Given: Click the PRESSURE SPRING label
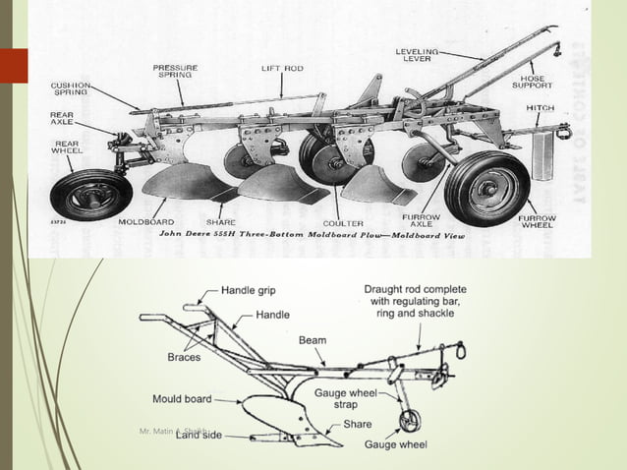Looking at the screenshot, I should (x=175, y=72).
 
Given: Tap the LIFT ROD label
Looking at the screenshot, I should (x=282, y=69).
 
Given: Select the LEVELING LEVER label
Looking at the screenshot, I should (x=417, y=55).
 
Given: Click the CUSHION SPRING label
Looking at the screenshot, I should (x=72, y=89).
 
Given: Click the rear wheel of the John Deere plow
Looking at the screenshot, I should (x=90, y=194).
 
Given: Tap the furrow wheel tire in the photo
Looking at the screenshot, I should (x=486, y=187).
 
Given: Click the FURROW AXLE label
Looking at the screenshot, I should (x=421, y=221).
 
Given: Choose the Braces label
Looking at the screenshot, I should (x=184, y=357).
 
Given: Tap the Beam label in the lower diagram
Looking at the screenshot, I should (x=313, y=340).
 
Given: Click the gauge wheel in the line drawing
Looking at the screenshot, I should (x=408, y=421).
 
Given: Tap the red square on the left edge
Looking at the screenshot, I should (x=14, y=65).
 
